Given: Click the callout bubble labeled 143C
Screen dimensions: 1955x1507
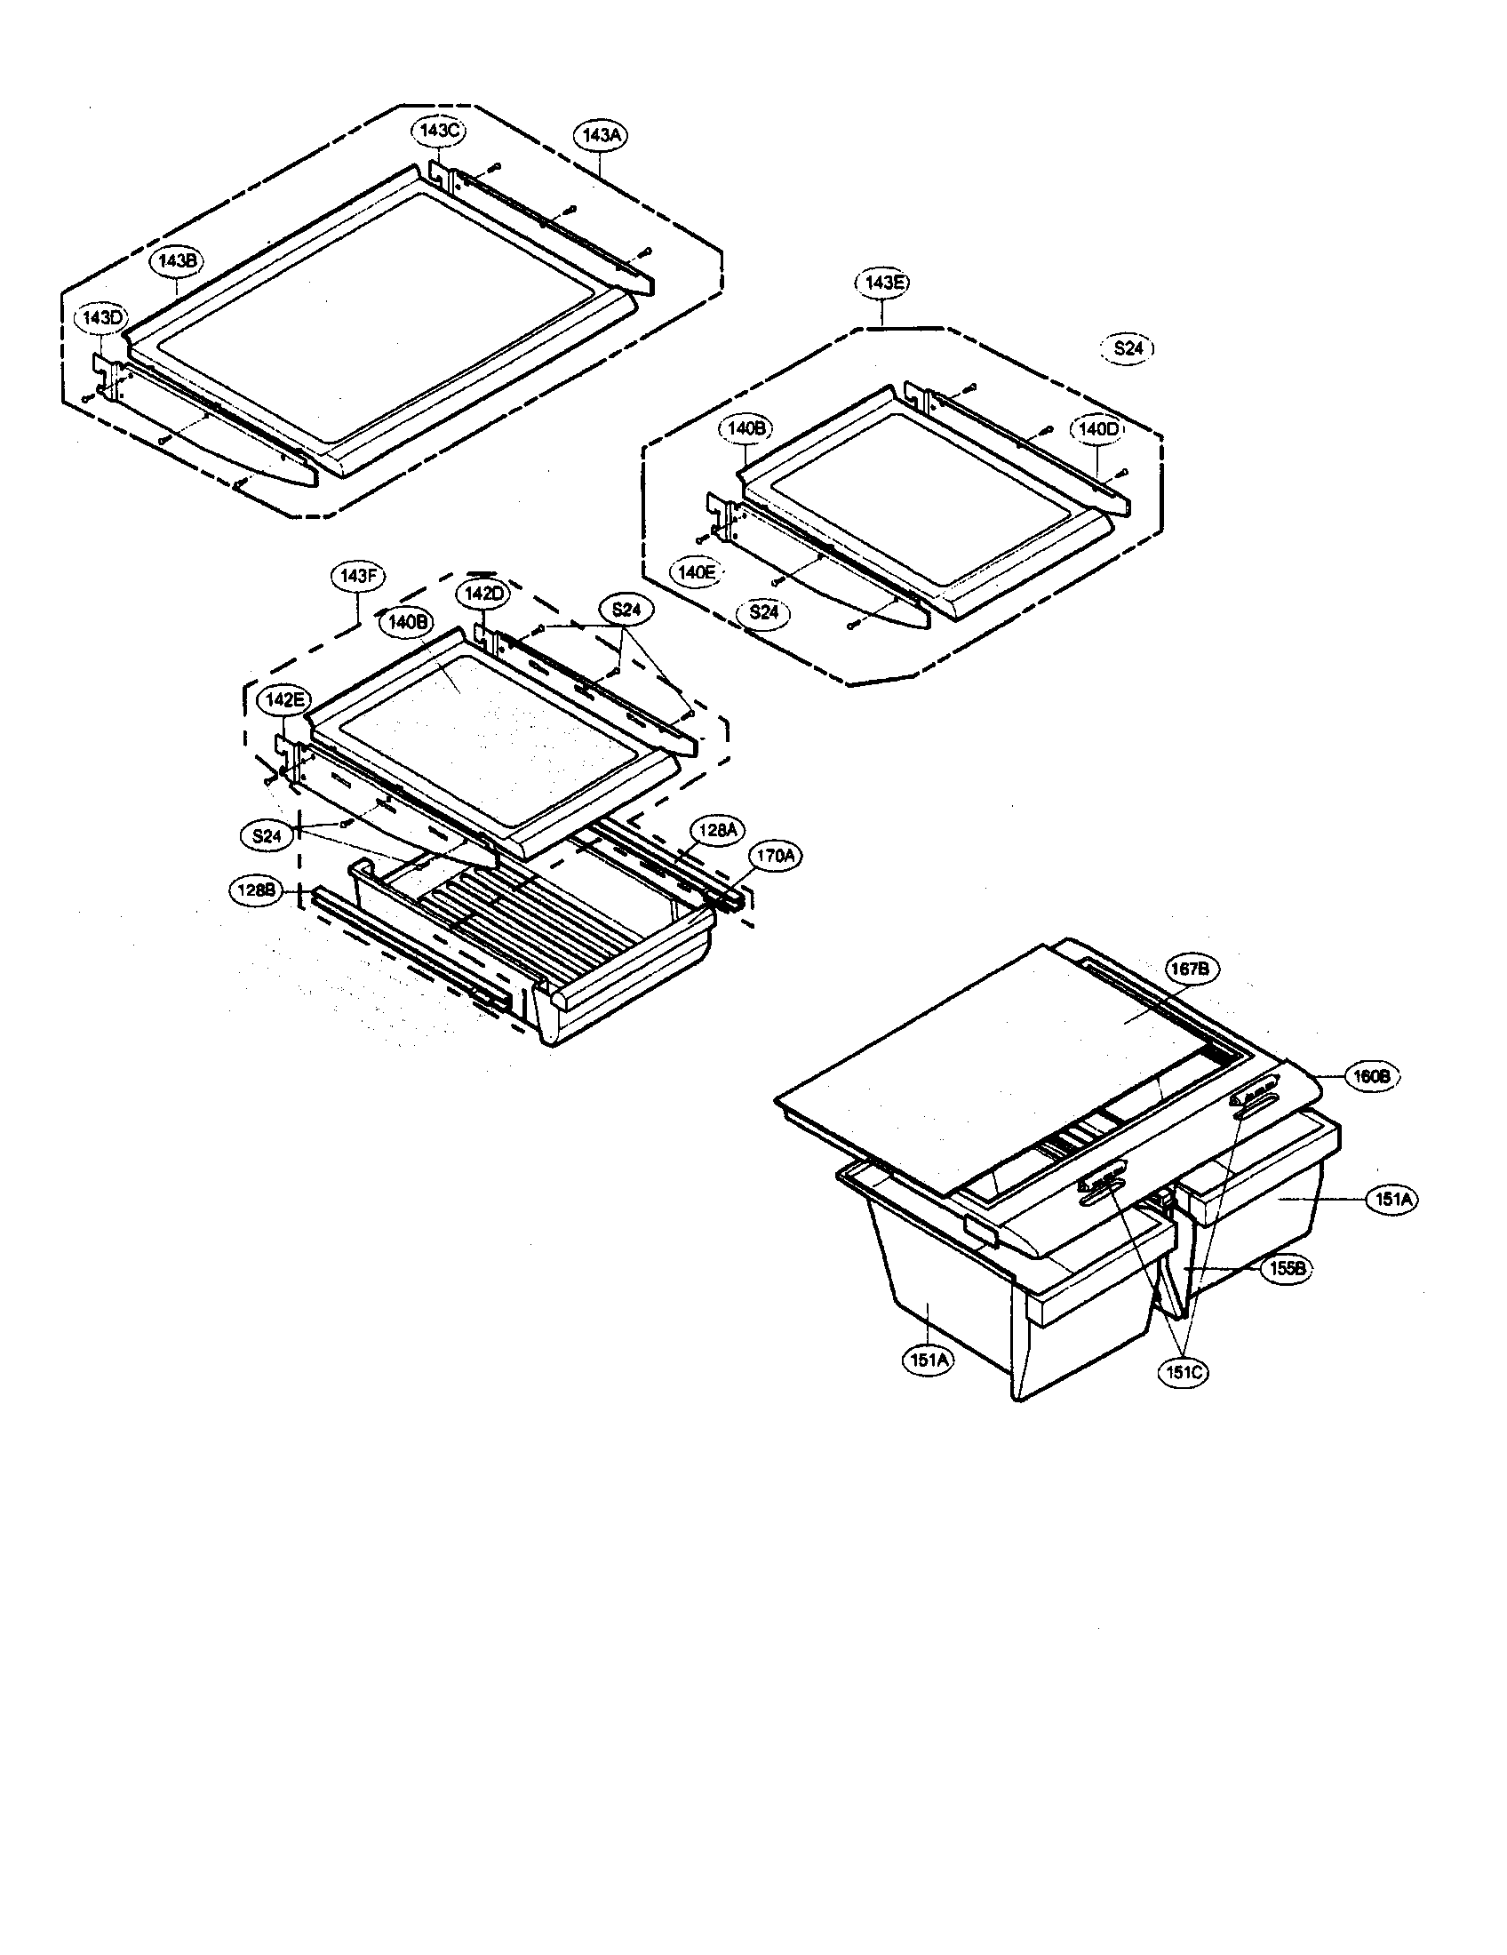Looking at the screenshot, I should coord(439,131).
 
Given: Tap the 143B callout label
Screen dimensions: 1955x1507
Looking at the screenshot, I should coord(178,261).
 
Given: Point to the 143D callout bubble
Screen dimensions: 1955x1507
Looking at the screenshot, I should coord(103,318).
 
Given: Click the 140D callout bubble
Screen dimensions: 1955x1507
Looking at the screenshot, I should coord(1097,429).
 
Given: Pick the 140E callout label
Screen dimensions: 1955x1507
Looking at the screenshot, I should coord(696,572).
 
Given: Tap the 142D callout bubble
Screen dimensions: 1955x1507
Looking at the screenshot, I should coord(483,593).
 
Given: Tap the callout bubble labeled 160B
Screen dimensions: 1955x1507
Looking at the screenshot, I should coord(1370,1078).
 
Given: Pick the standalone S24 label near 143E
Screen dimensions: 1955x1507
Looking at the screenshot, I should coord(1128,349).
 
